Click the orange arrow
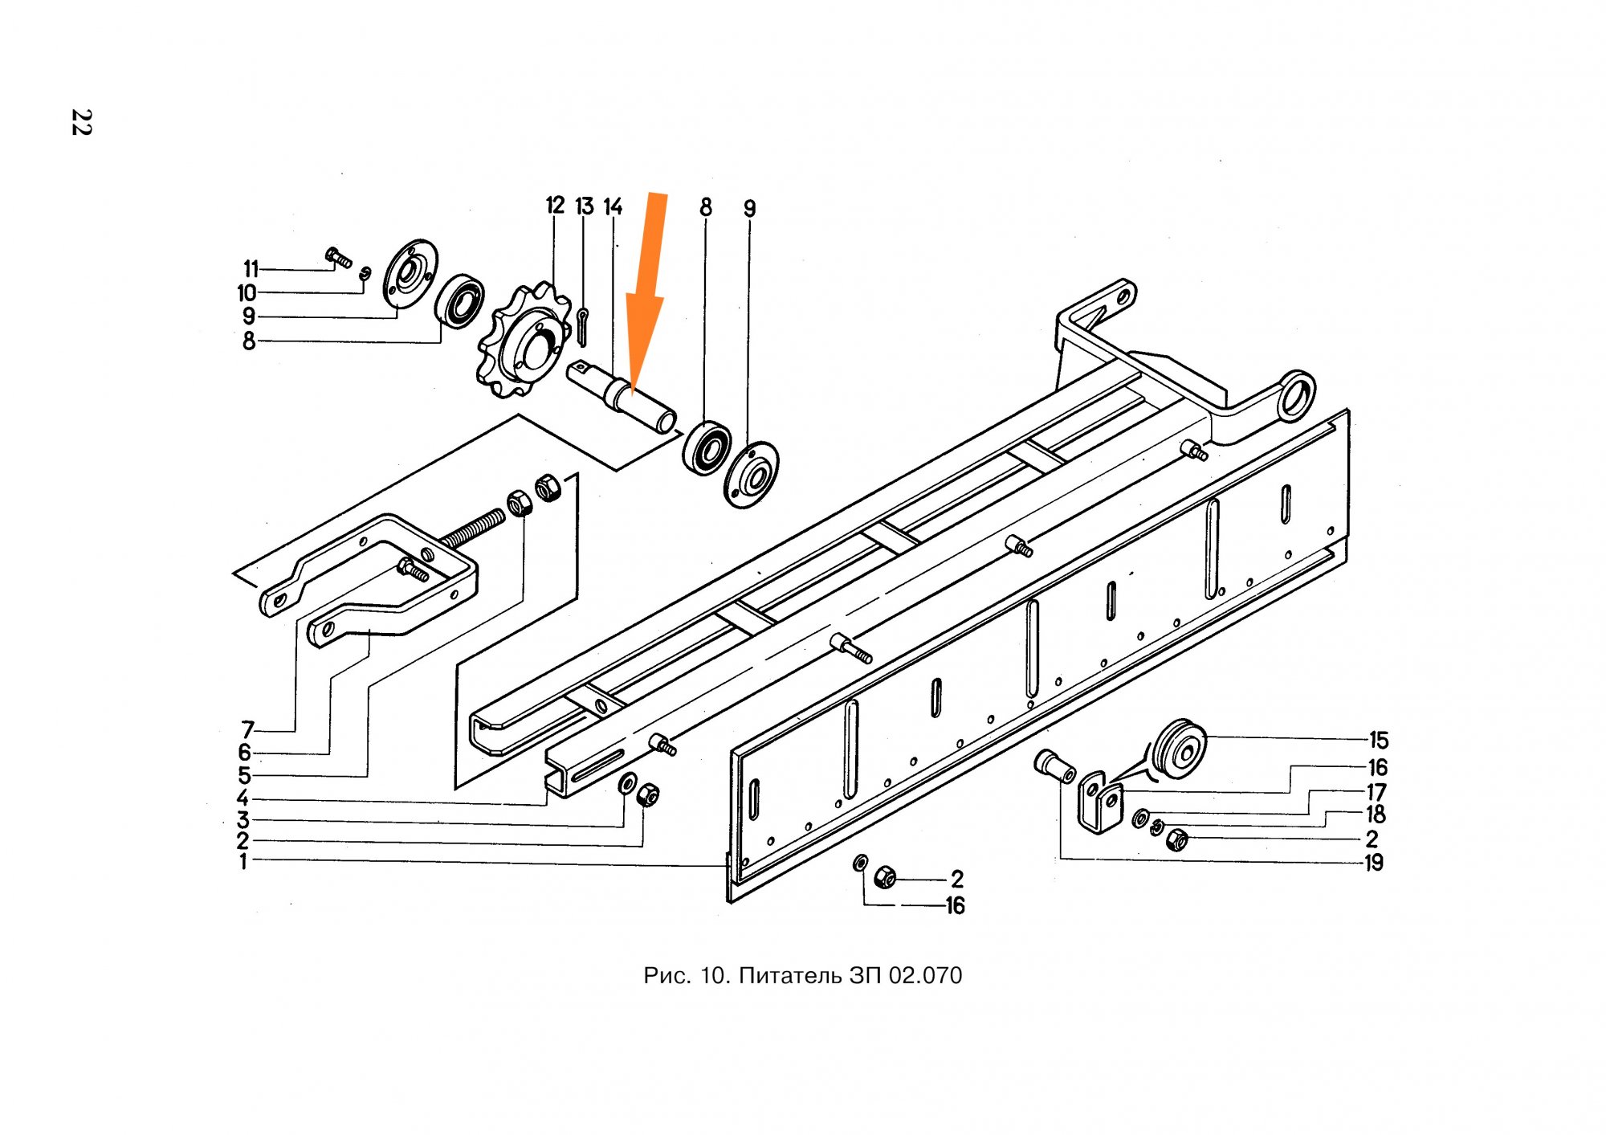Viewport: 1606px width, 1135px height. [x=647, y=294]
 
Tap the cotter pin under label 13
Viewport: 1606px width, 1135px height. [x=582, y=326]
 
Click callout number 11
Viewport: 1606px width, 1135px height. [x=251, y=269]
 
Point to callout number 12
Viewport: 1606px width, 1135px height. [x=555, y=206]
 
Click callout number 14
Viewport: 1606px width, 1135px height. [x=613, y=207]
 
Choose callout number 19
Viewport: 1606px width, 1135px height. [x=1374, y=863]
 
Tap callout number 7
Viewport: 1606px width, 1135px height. [x=248, y=729]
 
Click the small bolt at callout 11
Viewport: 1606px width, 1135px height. [x=338, y=257]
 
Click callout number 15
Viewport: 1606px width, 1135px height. [x=1378, y=740]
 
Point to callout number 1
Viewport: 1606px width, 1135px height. [x=243, y=862]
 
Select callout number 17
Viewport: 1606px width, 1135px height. [x=1376, y=792]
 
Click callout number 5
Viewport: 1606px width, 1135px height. [x=244, y=776]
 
